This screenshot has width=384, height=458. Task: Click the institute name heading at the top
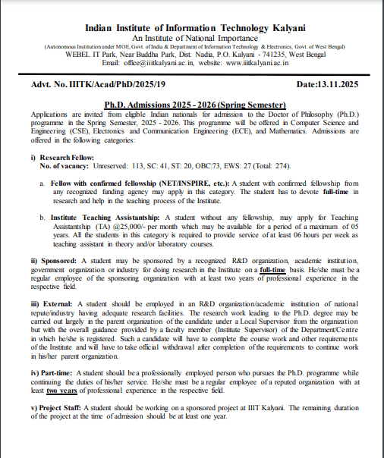(x=194, y=27)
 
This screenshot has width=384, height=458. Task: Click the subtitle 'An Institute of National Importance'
(x=194, y=37)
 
